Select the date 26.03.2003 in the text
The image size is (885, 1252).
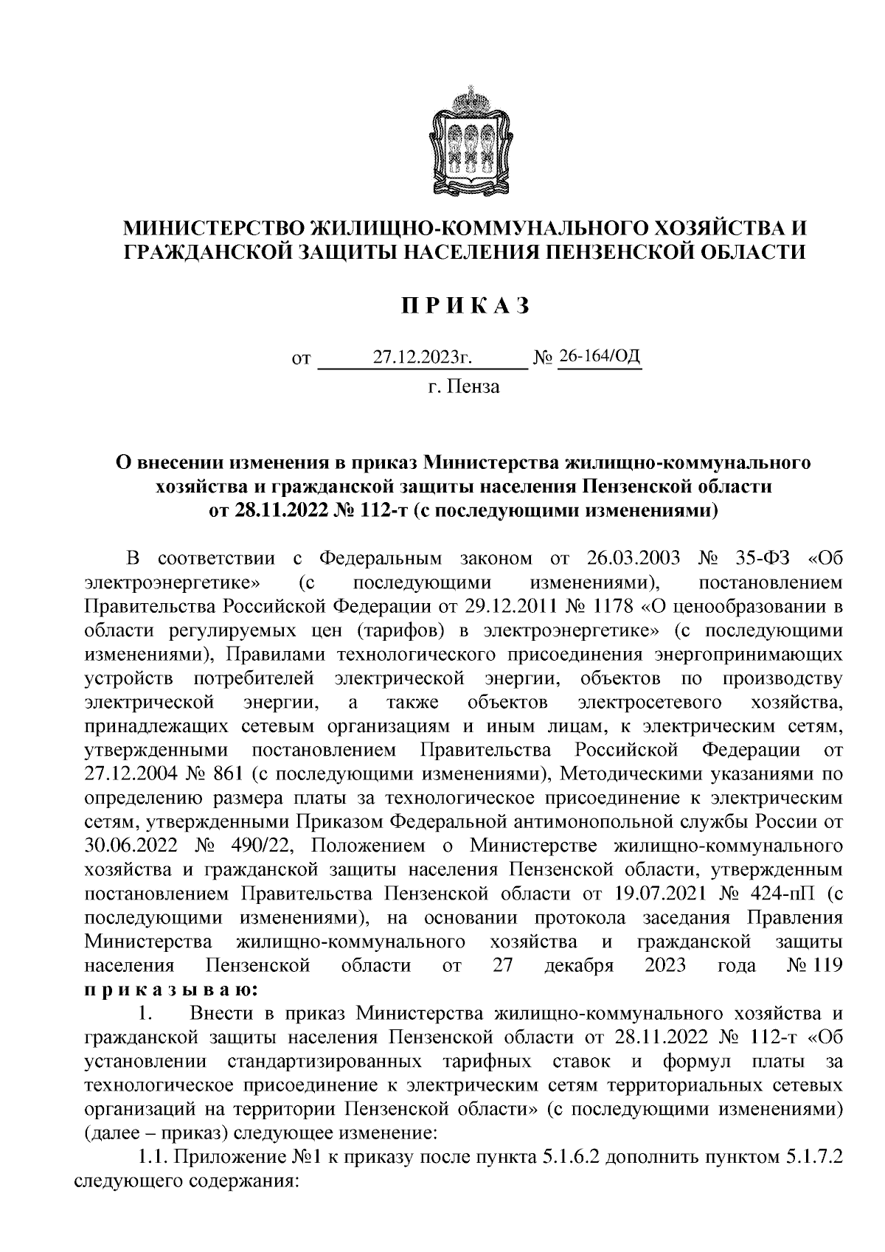pyautogui.click(x=632, y=557)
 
